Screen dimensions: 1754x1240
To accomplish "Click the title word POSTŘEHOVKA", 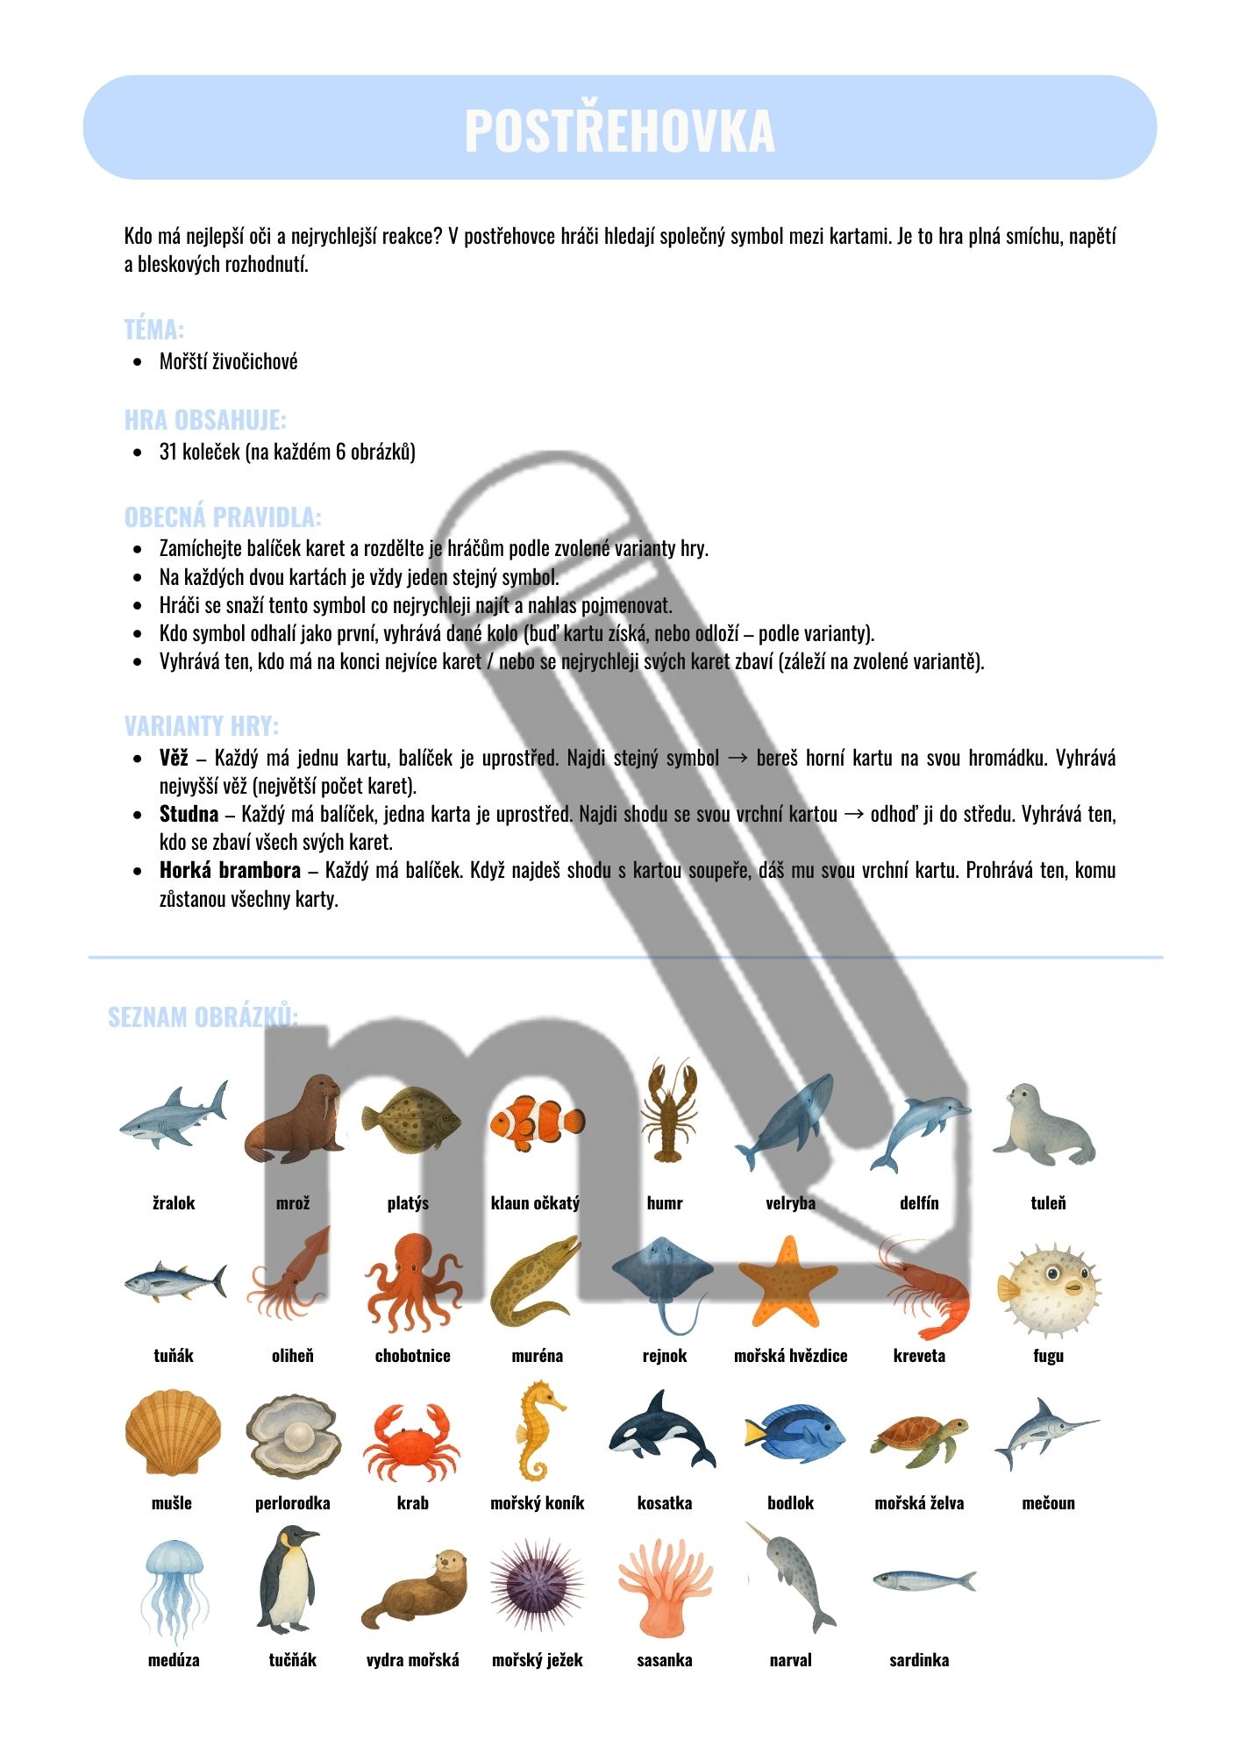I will pyautogui.click(x=619, y=131).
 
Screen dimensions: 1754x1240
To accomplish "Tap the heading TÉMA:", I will pyautogui.click(x=153, y=330).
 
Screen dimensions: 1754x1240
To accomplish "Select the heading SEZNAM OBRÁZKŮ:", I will pyautogui.click(x=203, y=1017).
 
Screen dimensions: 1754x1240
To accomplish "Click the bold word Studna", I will pyautogui.click(x=189, y=815).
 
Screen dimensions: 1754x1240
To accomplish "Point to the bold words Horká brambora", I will pyautogui.click(x=230, y=871).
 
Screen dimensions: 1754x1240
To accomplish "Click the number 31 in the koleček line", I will pyautogui.click(x=168, y=453).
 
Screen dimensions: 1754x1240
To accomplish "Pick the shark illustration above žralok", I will pyautogui.click(x=175, y=1116).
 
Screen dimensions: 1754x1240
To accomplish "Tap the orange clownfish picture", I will pyautogui.click(x=536, y=1121).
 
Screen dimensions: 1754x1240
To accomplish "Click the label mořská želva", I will pyautogui.click(x=919, y=1503).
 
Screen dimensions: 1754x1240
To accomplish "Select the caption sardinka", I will pyautogui.click(x=919, y=1660).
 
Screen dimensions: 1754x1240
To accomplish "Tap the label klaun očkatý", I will pyautogui.click(x=535, y=1203).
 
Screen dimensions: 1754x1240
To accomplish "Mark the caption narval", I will pyautogui.click(x=790, y=1660).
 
